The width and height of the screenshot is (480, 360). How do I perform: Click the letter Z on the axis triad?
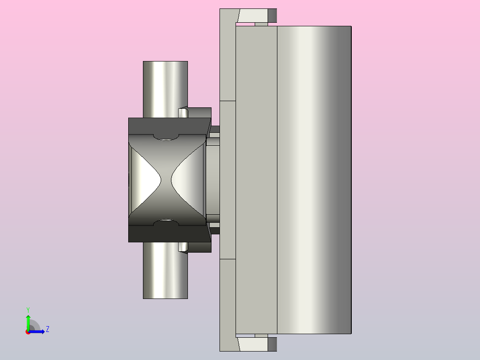[x=47, y=329]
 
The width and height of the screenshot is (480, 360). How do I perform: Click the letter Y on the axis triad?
[x=28, y=309]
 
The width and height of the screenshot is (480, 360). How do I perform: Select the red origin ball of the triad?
[x=28, y=332]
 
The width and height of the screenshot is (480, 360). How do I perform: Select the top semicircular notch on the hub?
[x=166, y=136]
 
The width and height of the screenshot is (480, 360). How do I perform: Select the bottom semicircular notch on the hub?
[x=166, y=222]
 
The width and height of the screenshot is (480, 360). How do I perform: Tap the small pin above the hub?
[x=183, y=112]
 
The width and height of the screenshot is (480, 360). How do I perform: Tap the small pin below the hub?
[x=183, y=246]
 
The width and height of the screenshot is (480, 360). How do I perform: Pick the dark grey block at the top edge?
[x=272, y=16]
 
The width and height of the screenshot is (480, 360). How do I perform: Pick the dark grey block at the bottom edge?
[x=272, y=344]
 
